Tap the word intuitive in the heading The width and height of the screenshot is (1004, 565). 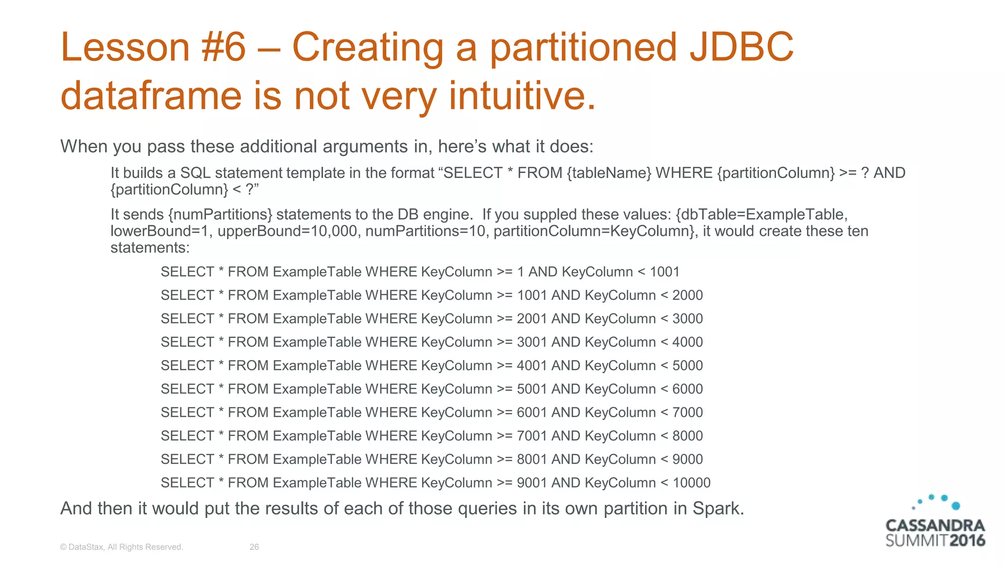tap(522, 95)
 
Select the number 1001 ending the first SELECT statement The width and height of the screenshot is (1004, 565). tap(665, 272)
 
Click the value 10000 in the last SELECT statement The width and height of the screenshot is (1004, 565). tap(691, 483)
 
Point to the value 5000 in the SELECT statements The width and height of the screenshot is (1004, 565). tap(687, 365)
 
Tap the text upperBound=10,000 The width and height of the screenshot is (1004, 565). tap(287, 231)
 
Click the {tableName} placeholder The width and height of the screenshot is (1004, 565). tap(609, 173)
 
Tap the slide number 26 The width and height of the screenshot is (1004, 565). tap(254, 547)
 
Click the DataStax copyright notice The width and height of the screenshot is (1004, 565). tap(122, 547)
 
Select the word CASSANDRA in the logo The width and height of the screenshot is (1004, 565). tap(935, 526)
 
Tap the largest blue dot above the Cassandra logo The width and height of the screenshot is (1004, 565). tap(955, 506)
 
